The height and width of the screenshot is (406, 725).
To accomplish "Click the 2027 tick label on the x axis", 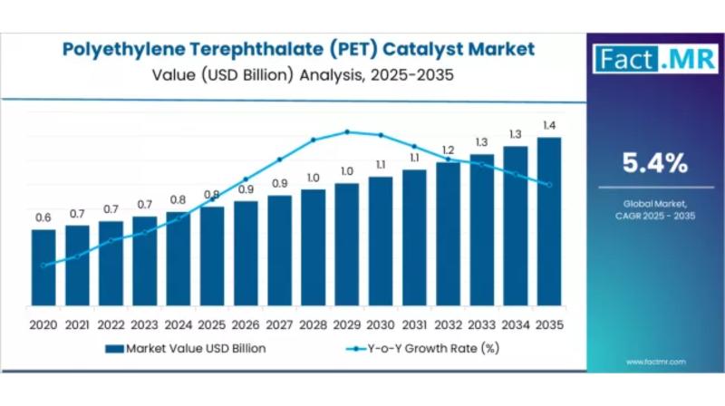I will click(279, 324).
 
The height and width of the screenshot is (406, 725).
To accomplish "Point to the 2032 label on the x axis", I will click(448, 324).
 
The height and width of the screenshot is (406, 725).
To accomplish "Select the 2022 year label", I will click(111, 324).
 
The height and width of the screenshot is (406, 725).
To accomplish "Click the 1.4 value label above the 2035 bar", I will click(549, 125).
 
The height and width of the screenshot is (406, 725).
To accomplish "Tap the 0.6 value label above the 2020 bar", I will click(43, 217).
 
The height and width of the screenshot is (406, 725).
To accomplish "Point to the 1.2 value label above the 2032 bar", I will click(448, 150).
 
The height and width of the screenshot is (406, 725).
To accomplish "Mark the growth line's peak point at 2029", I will click(347, 131).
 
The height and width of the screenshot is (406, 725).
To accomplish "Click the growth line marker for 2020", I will click(43, 266).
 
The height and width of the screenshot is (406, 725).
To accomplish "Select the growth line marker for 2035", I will click(549, 185).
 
